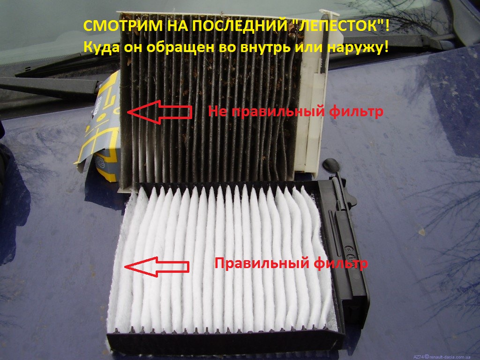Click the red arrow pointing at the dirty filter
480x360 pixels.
159,112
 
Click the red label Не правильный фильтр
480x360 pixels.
295,111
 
